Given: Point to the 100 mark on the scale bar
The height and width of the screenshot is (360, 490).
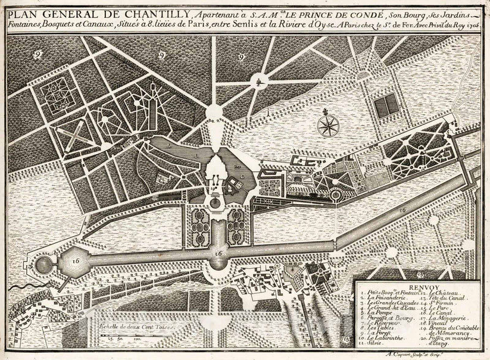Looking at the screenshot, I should tap(138, 338).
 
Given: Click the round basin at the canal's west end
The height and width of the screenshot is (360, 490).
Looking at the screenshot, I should tap(43, 264).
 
